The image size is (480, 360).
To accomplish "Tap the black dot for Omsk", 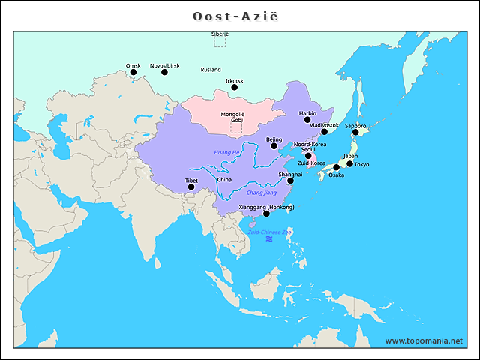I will coord(133,73).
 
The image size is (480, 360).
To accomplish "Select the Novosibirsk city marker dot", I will coord(165,73).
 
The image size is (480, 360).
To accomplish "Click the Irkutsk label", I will coord(234,80).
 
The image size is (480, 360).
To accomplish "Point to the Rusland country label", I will coord(211,69).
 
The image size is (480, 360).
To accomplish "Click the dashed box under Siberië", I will coord(220,42).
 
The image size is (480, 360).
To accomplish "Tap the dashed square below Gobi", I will coord(236,128).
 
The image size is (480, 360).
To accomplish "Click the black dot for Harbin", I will coord(307,119).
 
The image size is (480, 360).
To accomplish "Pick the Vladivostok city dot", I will coord(325,132).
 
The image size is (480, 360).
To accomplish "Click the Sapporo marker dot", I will coord(355,132).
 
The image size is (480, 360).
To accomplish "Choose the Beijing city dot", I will coord(274,146).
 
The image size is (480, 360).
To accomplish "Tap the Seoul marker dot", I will coord(308,156).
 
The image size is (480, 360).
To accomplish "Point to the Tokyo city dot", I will coord(349,163).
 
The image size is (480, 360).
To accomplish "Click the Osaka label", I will coord(336,175).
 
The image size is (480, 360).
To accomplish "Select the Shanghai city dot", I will coord(291,181).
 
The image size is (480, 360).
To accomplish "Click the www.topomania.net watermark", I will coord(424,340).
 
